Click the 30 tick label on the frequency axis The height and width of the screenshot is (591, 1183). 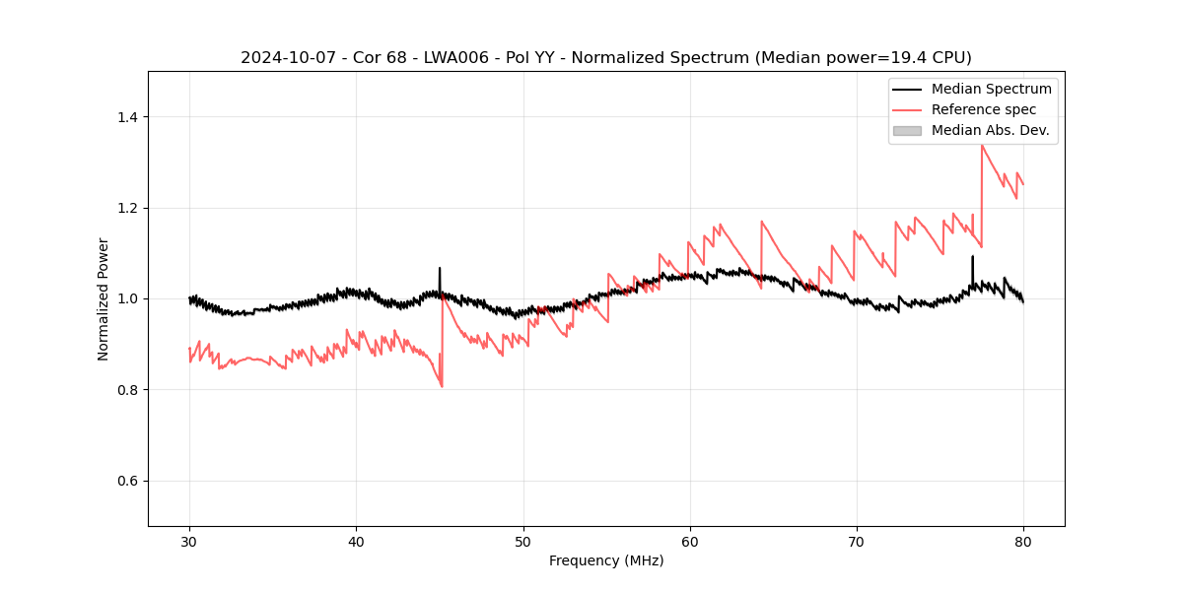(189, 541)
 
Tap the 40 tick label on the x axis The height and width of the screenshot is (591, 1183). (356, 541)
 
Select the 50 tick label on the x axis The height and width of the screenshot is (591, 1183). (522, 541)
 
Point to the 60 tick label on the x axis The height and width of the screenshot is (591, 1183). (690, 541)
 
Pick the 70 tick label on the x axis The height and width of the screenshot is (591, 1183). (857, 541)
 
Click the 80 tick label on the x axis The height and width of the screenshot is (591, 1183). (1023, 541)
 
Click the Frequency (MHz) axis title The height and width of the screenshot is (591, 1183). (606, 560)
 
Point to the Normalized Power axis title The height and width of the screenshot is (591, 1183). (104, 298)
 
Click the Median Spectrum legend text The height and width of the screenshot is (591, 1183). (991, 89)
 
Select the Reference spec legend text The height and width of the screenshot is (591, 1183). (984, 109)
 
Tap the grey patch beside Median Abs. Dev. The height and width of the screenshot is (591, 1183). (907, 130)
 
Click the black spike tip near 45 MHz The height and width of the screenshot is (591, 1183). (440, 268)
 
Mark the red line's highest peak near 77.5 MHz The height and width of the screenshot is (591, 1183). (982, 146)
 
